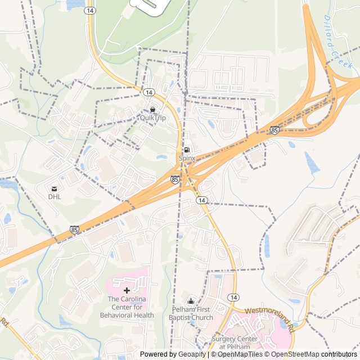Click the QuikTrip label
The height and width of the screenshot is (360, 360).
[x=153, y=118]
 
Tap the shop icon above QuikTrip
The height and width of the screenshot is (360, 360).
[x=152, y=109]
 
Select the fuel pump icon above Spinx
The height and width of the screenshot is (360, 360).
[x=187, y=150]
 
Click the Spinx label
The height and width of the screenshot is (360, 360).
[x=187, y=159]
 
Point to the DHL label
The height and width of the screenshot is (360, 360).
[x=54, y=197]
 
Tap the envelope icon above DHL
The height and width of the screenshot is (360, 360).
[x=54, y=188]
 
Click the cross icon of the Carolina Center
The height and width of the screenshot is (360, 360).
[x=127, y=290]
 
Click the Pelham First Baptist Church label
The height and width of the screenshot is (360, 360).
[x=192, y=314]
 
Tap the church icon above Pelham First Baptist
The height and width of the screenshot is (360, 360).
[x=191, y=301]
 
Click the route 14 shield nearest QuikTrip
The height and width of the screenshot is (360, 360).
[x=148, y=92]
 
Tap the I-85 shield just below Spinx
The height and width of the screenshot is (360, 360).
[x=175, y=179]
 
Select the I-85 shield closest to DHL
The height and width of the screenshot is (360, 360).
[x=75, y=229]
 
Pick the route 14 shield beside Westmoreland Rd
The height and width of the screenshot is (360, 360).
[x=233, y=297]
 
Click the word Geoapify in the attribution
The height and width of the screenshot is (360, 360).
[x=191, y=354]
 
